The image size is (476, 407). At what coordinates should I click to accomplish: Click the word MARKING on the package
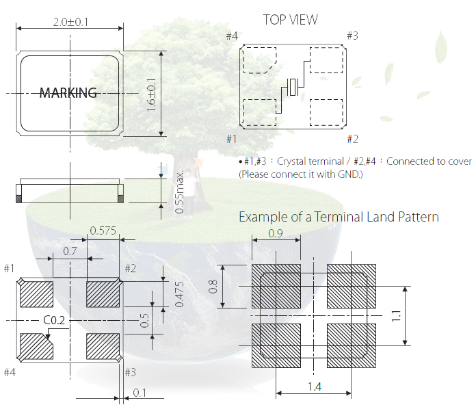(68, 93)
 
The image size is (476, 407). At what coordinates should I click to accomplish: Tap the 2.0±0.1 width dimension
(70, 22)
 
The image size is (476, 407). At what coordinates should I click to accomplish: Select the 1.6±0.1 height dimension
(152, 94)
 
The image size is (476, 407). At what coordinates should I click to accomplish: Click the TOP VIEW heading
(290, 20)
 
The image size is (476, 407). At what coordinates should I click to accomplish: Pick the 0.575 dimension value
(103, 232)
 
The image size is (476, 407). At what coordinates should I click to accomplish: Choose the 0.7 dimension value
(70, 251)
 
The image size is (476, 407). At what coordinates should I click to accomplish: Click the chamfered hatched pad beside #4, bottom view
(36, 345)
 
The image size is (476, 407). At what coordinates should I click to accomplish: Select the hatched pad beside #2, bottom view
(103, 295)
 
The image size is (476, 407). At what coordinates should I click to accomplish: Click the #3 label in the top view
(352, 36)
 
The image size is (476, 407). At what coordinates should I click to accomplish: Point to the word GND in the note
(347, 174)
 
